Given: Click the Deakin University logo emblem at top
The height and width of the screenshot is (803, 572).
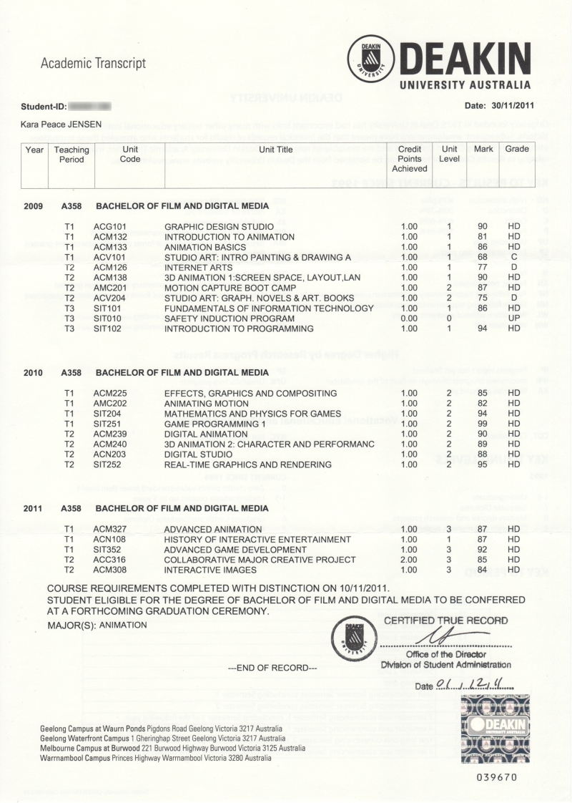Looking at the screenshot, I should coord(370,59).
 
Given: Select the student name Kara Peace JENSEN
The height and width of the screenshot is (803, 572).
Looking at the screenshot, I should coord(61,125).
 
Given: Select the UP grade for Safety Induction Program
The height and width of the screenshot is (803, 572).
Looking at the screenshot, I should coord(514,318).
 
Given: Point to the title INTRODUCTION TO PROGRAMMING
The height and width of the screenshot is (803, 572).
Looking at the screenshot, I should coord(239,329).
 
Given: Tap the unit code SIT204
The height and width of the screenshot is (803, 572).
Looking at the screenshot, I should coord(107,414).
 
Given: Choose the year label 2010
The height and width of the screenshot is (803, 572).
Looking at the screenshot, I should coord(34,373).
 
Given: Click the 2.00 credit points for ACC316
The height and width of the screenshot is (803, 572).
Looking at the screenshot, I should coord(409,560).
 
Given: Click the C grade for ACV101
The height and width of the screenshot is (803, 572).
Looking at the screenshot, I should coord(514,258).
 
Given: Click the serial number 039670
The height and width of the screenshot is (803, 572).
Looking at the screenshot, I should coord(496,777).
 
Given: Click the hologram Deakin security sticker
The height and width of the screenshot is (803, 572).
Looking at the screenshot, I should coord(495,729).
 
